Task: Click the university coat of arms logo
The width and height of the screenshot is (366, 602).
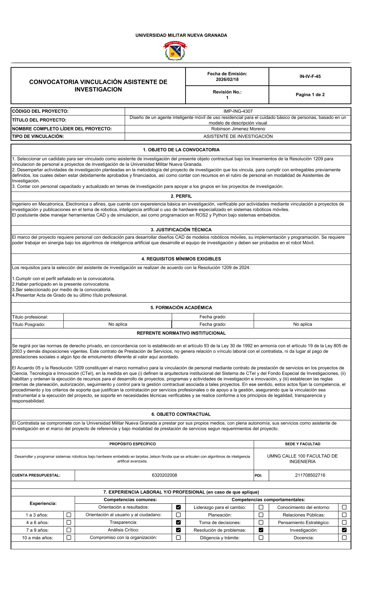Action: [x=175, y=51]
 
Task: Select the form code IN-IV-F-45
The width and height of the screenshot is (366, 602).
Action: [x=310, y=76]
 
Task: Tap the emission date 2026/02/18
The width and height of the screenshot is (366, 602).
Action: [x=227, y=79]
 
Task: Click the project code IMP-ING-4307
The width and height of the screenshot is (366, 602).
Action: [x=238, y=111]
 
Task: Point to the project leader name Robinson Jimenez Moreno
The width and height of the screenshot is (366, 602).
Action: [x=238, y=129]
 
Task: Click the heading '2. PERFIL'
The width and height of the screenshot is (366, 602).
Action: [x=181, y=196]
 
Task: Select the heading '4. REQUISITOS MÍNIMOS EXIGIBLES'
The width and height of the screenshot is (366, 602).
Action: [x=181, y=259]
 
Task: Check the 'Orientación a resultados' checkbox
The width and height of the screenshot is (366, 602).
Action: [x=178, y=507]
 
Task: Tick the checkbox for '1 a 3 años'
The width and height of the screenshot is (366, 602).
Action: [x=68, y=515]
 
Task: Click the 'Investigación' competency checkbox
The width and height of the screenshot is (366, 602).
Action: [x=344, y=530]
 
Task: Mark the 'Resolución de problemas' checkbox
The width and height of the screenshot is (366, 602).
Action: [x=261, y=530]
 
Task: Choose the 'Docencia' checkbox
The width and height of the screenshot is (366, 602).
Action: [x=344, y=538]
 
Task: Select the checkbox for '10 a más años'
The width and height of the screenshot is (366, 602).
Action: [x=68, y=538]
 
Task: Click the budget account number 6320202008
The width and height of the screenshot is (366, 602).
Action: [x=164, y=475]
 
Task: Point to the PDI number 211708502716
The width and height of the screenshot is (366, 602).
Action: [x=310, y=475]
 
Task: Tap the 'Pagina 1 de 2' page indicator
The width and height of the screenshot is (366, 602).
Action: [x=310, y=95]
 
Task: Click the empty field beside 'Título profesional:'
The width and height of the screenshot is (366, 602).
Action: [x=117, y=317]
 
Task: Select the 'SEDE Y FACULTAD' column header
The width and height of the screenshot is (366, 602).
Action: [x=302, y=444]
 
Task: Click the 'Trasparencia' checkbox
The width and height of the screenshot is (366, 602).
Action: [x=178, y=523]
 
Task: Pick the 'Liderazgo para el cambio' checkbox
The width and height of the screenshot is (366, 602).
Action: [x=261, y=507]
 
